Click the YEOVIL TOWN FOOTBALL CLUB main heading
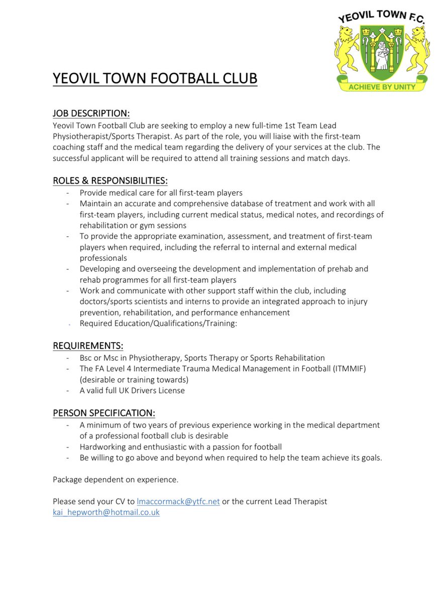click(x=155, y=79)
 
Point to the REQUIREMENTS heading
click(x=88, y=346)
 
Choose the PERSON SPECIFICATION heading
click(x=104, y=413)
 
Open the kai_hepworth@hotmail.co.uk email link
click(x=106, y=512)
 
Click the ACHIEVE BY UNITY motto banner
click(x=382, y=87)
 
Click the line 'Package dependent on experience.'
click(x=116, y=480)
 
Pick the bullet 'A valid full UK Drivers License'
click(x=132, y=390)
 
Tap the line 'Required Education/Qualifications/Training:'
click(x=158, y=324)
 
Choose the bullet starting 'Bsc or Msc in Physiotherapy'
click(x=202, y=358)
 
